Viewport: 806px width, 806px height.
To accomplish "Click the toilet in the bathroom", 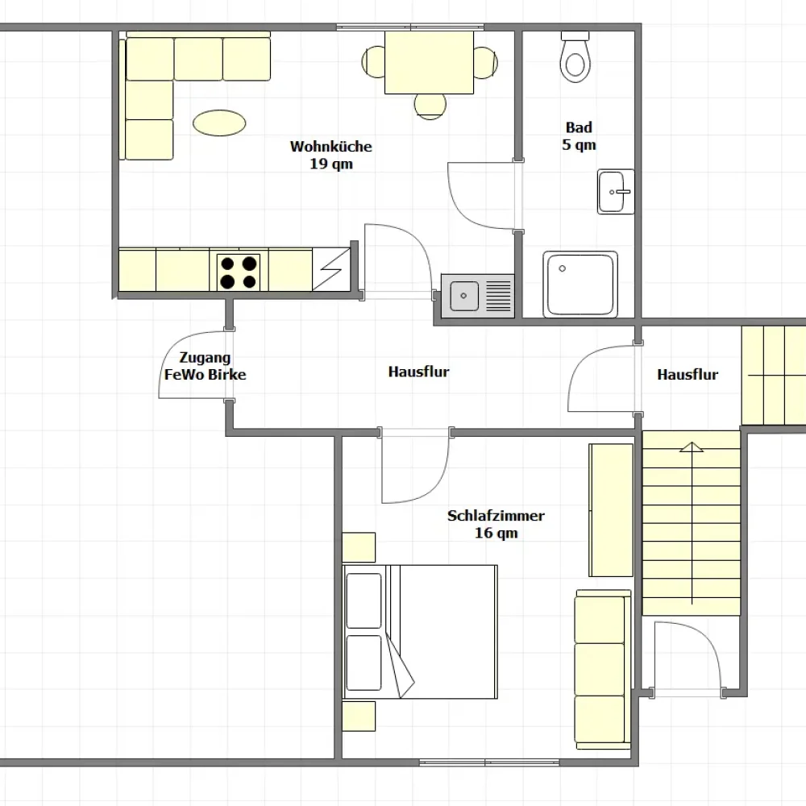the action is coord(575,56).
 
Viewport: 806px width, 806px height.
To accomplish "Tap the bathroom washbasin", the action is coord(616,191).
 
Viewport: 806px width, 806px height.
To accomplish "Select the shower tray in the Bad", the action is coord(580,285).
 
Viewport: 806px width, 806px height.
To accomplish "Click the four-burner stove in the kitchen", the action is coord(239,272).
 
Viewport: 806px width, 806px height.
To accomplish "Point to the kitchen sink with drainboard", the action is coord(477,296).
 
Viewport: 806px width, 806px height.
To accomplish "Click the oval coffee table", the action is coord(219,123).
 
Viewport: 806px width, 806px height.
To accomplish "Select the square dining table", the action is coord(430,63).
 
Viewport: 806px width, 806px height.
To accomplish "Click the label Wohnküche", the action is coord(331,147).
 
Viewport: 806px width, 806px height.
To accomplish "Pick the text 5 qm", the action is coord(579,145).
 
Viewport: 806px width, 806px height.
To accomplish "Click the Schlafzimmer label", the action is coord(496,516).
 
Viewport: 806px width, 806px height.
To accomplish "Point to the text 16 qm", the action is coord(496,533).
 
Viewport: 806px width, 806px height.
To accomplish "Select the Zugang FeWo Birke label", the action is coord(205,366).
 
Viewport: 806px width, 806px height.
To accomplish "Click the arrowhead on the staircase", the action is coord(692,447).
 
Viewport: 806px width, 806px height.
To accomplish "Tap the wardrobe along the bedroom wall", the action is coord(611,510).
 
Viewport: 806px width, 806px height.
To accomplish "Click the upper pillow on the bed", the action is coord(364,600).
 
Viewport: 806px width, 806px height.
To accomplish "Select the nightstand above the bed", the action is coord(359,547).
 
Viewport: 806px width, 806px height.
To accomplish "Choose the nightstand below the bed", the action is coord(359,716).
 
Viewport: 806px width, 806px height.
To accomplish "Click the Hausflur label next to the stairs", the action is coord(688,375).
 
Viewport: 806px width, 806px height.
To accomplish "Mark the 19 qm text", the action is coord(331,164).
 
